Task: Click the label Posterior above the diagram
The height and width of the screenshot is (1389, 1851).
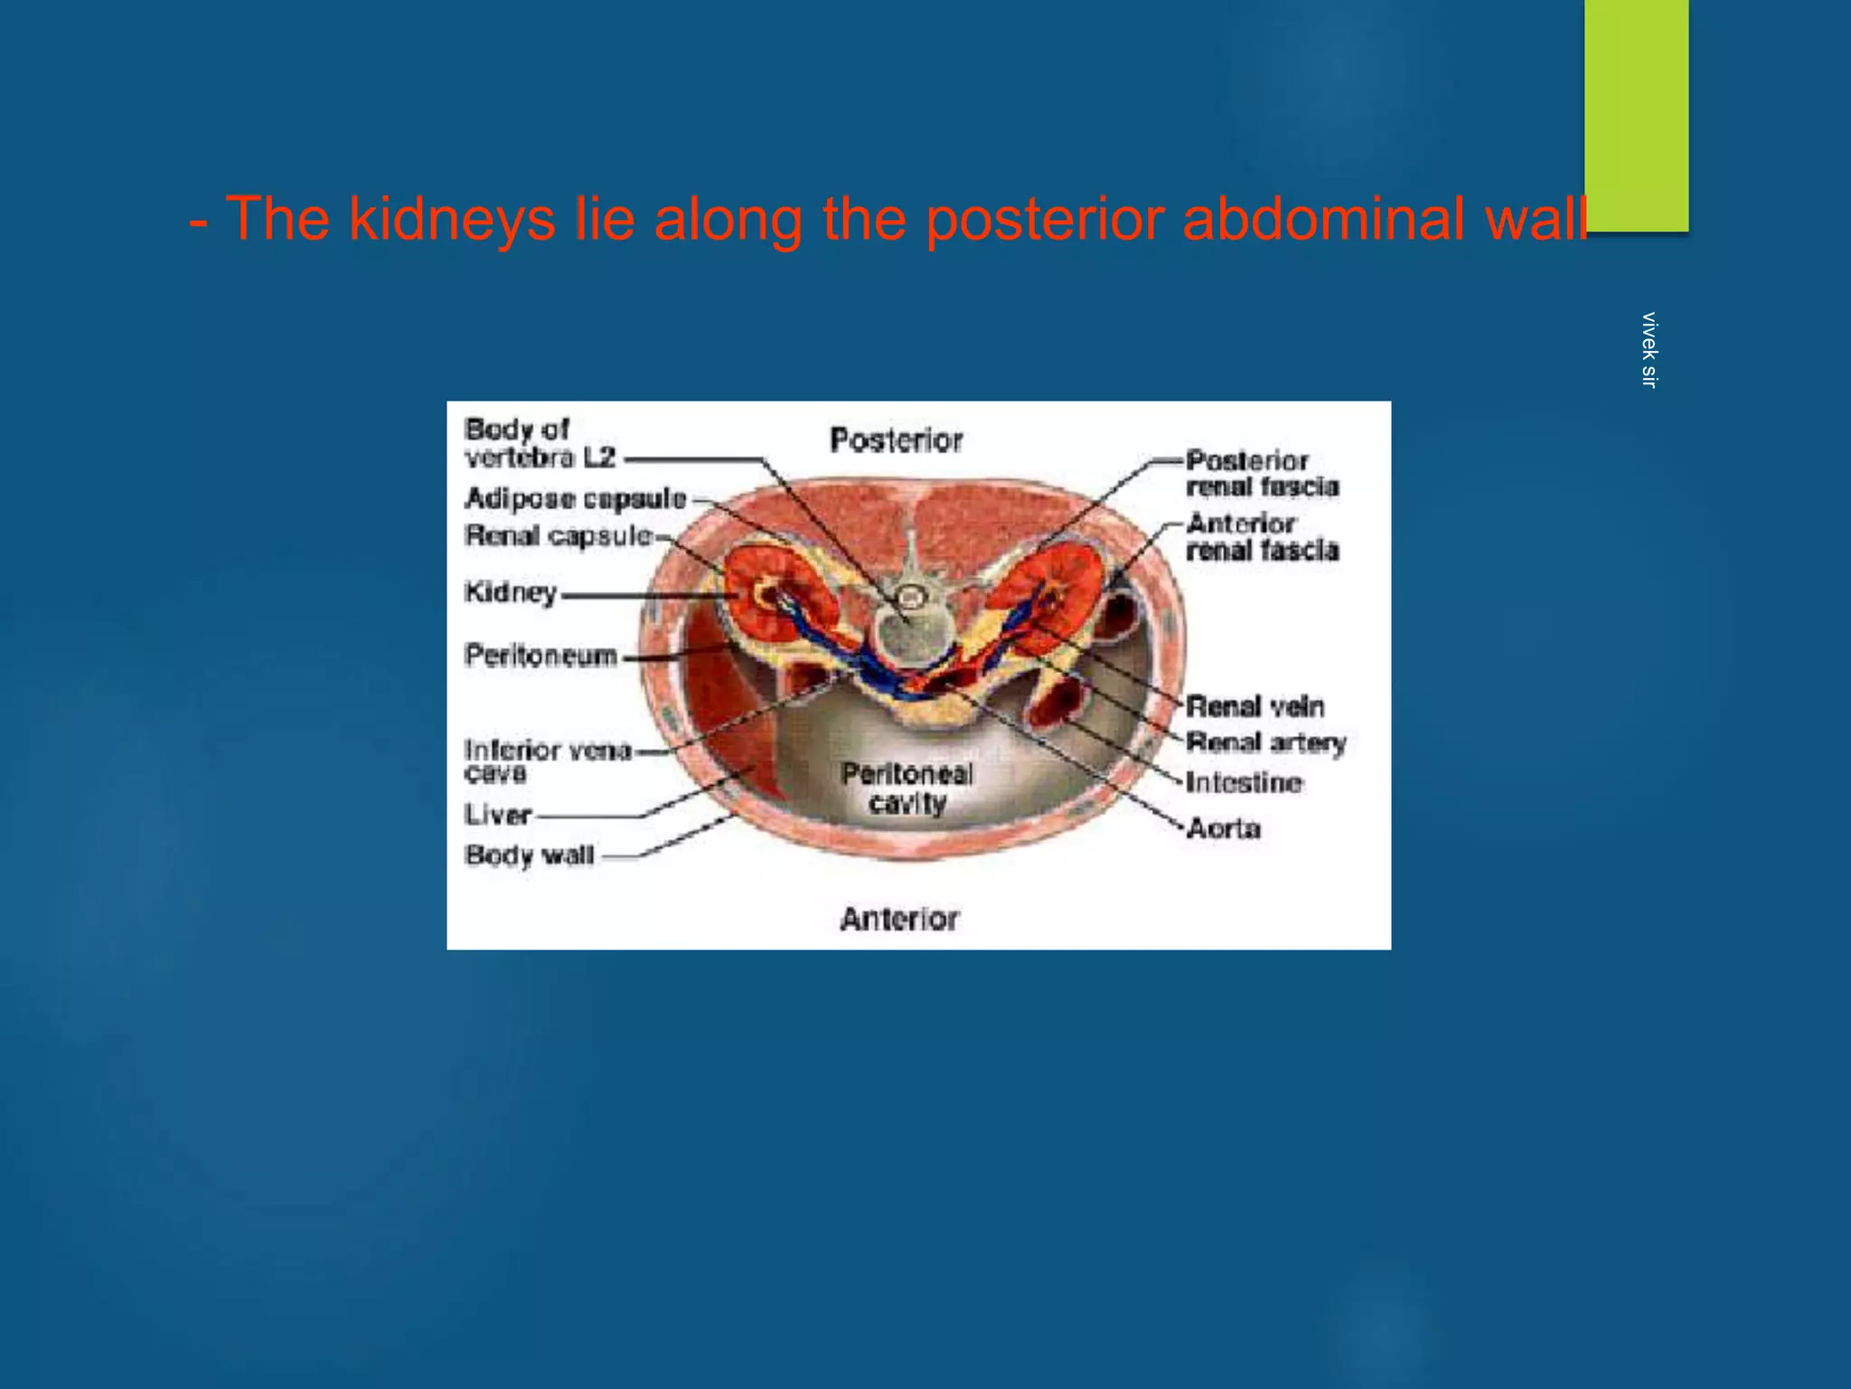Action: (x=896, y=440)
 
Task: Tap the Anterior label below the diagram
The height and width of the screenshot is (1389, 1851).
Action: (x=899, y=919)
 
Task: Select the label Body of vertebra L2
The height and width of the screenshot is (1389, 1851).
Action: (x=540, y=443)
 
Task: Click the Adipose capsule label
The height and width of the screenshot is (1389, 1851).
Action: (x=576, y=498)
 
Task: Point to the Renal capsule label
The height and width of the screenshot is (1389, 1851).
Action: (x=559, y=536)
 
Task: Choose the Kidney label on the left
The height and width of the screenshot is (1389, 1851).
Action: (x=511, y=592)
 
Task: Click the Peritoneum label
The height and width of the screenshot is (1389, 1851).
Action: (x=540, y=655)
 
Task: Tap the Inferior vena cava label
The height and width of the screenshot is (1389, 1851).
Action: (x=546, y=760)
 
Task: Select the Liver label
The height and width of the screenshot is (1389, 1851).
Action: (x=498, y=815)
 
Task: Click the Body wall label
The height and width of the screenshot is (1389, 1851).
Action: (x=530, y=855)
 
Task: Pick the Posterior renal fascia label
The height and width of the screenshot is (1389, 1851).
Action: (x=1262, y=474)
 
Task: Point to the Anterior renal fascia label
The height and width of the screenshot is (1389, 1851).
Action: (x=1262, y=536)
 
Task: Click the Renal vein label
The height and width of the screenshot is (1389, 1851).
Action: (x=1254, y=706)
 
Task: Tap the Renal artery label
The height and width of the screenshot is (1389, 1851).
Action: (x=1265, y=743)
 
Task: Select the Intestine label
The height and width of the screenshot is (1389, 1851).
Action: (x=1244, y=782)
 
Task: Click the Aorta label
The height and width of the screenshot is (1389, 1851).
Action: (x=1224, y=827)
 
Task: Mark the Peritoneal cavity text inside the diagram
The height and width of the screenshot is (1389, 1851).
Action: (x=907, y=788)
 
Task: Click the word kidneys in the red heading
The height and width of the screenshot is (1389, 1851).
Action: (x=452, y=218)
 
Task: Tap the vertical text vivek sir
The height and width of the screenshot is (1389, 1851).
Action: (x=1649, y=350)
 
